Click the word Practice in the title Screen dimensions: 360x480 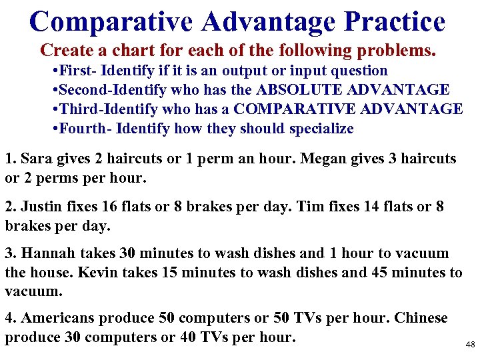(395, 21)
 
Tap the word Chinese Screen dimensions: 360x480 (421, 318)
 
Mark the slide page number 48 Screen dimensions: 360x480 (470, 345)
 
